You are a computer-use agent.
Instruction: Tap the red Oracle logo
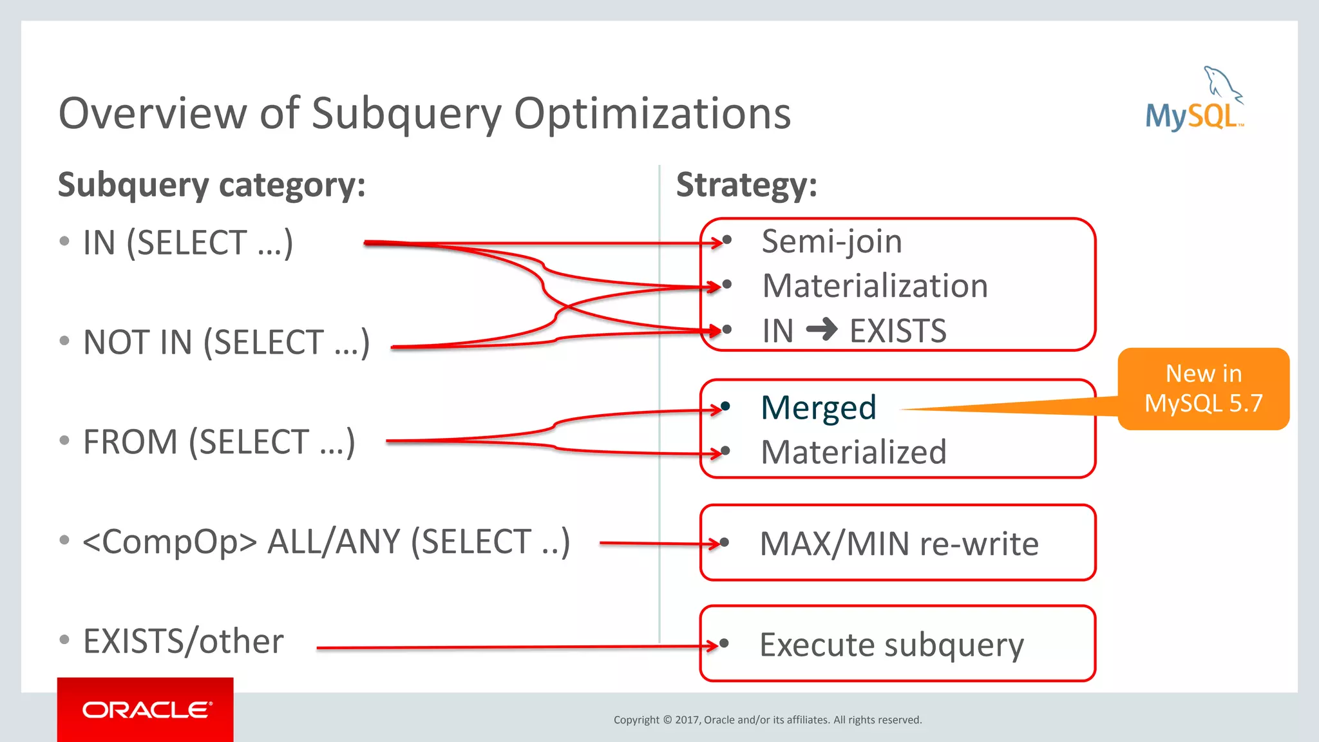pos(146,710)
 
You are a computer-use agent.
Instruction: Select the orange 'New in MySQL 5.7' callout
pos(1203,388)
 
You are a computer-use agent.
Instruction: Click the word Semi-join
pos(831,242)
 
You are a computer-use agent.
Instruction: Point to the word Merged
pos(819,408)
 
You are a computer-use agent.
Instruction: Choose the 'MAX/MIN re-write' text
pos(899,544)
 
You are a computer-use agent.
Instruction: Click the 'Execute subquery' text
pos(891,645)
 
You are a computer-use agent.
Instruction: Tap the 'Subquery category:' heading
pos(212,185)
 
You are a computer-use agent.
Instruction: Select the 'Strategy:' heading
pos(746,185)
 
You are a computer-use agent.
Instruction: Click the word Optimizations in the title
pos(652,114)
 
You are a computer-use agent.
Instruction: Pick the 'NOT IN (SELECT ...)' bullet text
pos(226,342)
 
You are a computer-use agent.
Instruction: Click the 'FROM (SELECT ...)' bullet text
pos(219,442)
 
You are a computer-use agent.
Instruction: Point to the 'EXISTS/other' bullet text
pos(184,642)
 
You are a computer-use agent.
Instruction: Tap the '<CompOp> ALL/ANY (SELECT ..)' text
pos(326,542)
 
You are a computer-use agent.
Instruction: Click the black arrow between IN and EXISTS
pos(822,330)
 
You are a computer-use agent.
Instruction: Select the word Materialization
pos(875,286)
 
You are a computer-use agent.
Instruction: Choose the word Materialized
pos(853,452)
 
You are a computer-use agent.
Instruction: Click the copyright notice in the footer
pos(768,720)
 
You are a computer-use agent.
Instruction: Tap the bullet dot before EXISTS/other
pos(64,640)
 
